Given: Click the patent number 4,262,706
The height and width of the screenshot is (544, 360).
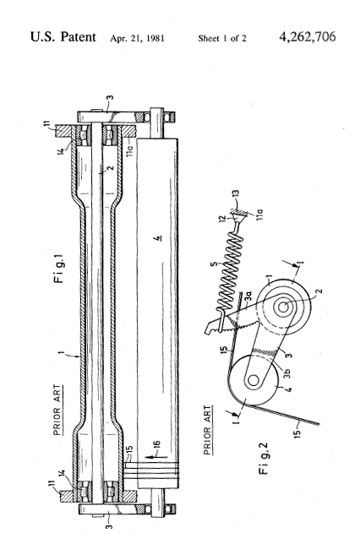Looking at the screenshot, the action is pos(308,37).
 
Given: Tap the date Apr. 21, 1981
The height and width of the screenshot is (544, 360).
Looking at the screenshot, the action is pos(137,38).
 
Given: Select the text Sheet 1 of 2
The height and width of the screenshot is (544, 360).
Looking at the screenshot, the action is pos(222,38).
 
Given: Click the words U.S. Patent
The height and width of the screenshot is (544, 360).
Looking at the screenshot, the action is pos(63,37).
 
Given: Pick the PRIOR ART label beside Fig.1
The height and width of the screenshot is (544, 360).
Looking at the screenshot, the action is pos(57,410).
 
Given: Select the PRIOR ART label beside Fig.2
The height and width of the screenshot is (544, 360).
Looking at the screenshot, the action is pos(208,430).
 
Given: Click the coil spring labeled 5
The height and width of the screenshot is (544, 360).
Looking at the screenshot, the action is pos(230,271).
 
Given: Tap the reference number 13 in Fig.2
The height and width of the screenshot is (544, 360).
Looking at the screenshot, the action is pos(236,194).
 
